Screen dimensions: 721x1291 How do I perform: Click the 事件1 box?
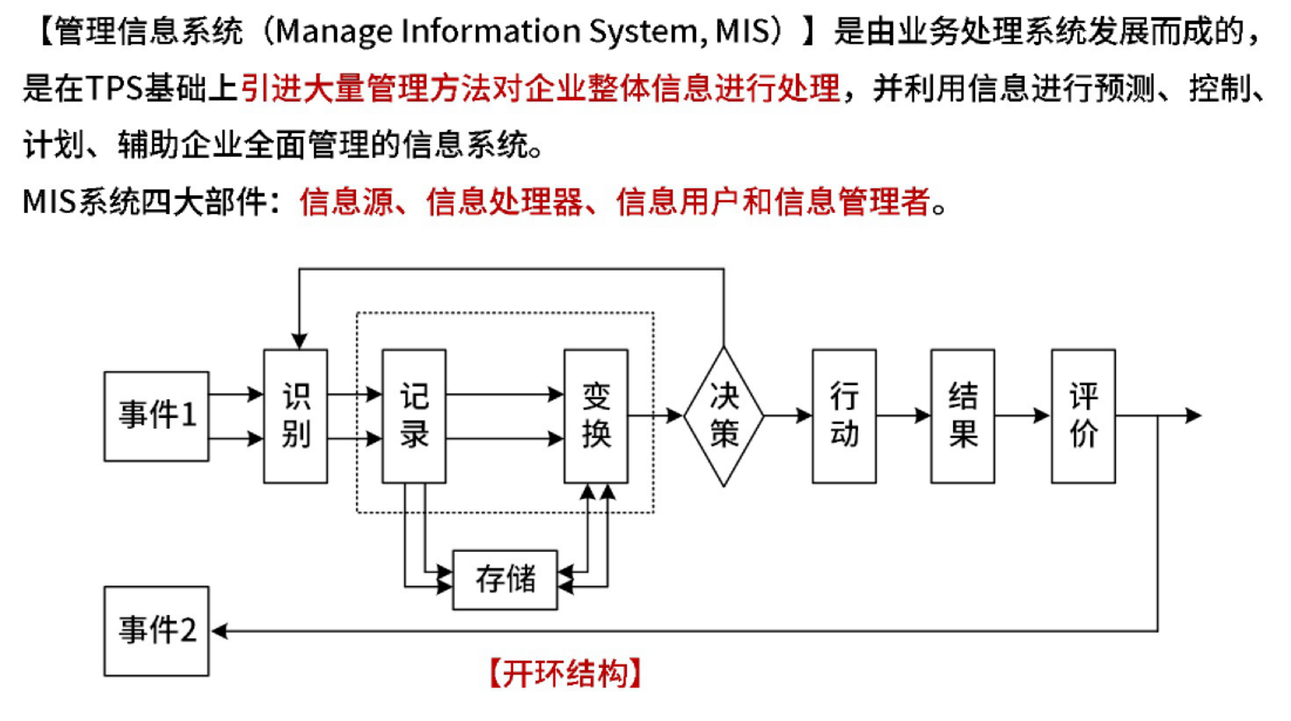[156, 416]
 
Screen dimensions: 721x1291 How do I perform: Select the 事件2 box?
[156, 631]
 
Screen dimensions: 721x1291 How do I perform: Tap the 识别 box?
[296, 416]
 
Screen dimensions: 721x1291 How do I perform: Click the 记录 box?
[414, 416]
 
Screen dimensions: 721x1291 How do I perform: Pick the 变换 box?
[596, 416]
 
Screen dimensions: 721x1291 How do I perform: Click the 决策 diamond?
[723, 416]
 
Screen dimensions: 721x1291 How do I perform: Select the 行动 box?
[844, 416]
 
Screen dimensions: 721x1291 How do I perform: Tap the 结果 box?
[962, 416]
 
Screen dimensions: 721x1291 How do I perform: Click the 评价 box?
[1082, 416]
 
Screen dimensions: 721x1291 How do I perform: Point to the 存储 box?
[505, 579]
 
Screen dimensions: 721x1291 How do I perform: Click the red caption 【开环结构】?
[565, 673]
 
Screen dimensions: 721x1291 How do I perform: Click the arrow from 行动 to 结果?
[903, 416]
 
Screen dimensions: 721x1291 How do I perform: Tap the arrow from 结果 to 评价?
[1022, 416]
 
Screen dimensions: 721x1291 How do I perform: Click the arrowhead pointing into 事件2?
[219, 631]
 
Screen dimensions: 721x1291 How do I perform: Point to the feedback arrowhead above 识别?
[299, 341]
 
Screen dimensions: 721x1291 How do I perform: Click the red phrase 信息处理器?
[505, 202]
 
